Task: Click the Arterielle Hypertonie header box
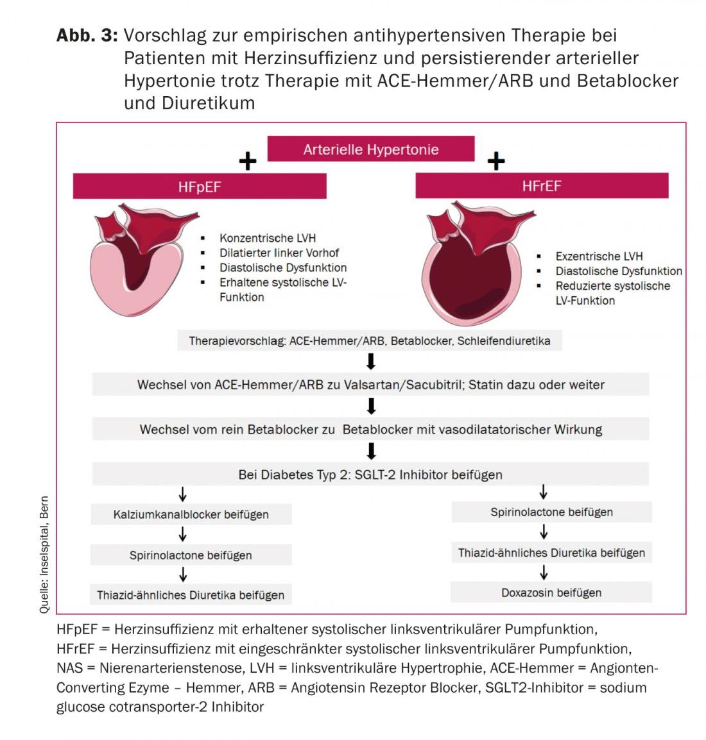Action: (x=371, y=149)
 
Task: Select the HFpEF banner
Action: (x=200, y=187)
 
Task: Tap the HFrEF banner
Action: (x=542, y=186)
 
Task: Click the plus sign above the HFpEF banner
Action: (x=247, y=161)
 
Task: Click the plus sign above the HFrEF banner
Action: (x=495, y=160)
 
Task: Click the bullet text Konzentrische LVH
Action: (x=268, y=238)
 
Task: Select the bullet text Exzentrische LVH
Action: (x=599, y=256)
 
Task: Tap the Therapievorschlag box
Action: (x=369, y=341)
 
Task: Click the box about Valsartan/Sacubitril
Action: (x=370, y=385)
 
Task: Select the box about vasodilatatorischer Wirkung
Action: (x=370, y=430)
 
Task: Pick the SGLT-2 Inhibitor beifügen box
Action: (x=370, y=475)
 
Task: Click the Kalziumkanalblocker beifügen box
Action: (x=191, y=514)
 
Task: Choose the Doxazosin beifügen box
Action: (x=551, y=593)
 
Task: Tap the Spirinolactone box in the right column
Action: (x=551, y=512)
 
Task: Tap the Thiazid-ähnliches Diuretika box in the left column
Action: (x=191, y=595)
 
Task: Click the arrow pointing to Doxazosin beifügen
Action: (x=544, y=572)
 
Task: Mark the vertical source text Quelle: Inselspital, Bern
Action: (x=44, y=555)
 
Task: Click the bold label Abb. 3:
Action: (x=87, y=35)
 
